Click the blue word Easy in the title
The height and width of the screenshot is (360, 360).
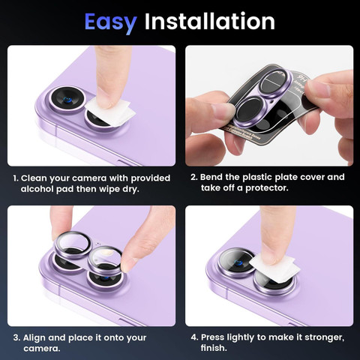(110, 22)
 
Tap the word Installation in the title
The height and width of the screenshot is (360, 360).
(210, 21)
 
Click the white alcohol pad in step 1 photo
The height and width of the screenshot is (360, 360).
(110, 111)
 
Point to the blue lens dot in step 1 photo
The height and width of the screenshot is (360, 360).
(67, 100)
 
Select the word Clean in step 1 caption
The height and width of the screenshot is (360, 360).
(34, 178)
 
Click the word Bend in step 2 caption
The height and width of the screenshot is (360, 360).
(211, 177)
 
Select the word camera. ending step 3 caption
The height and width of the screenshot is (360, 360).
(42, 349)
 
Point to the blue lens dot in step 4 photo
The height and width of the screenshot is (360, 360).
(238, 262)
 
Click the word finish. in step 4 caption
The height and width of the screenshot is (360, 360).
(214, 348)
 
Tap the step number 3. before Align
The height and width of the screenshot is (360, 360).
(16, 337)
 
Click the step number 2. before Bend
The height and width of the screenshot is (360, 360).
(194, 177)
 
